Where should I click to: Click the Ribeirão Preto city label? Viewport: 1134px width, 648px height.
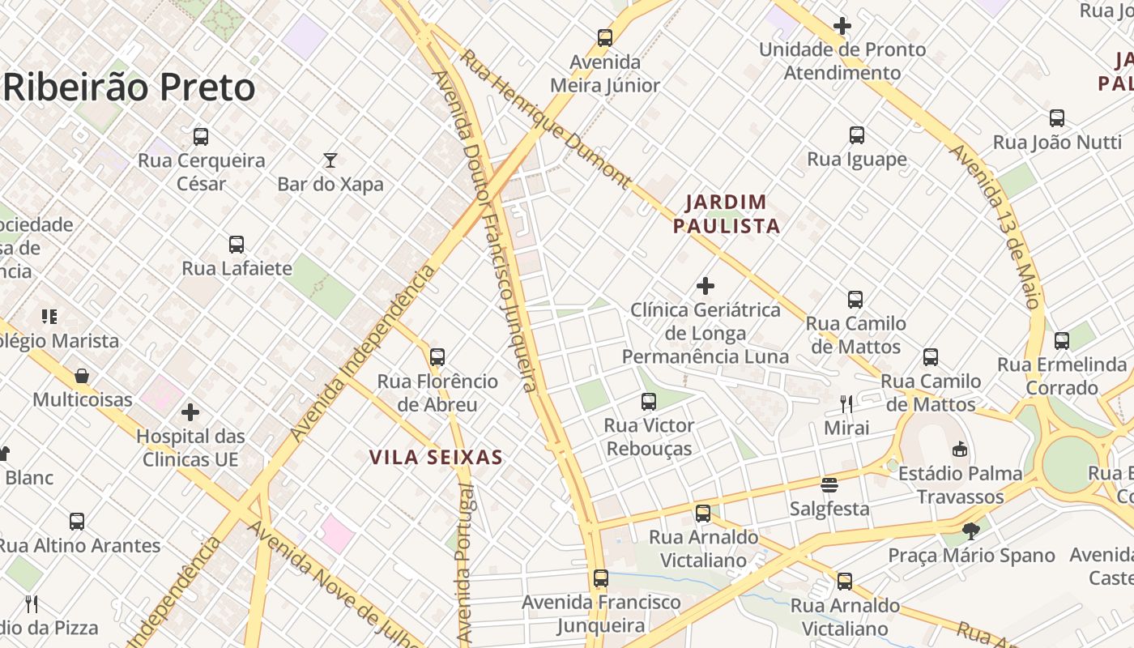point(130,87)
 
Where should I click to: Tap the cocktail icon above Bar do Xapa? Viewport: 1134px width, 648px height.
point(330,160)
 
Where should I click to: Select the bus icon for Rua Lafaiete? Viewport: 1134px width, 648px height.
point(237,244)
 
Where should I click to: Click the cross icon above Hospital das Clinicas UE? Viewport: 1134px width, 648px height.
point(190,412)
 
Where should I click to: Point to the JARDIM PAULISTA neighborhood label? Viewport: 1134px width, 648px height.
point(727,214)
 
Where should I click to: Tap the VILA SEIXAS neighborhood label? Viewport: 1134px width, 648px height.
point(436,458)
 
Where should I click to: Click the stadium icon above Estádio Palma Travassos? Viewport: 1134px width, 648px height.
point(960,449)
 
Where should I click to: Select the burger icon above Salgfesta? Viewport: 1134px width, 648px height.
point(829,485)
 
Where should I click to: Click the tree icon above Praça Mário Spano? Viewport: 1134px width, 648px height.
point(971,531)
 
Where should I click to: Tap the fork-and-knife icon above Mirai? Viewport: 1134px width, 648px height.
point(846,403)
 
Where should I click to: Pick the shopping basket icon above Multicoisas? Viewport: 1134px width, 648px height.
point(82,376)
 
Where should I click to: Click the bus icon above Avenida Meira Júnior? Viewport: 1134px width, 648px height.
point(605,37)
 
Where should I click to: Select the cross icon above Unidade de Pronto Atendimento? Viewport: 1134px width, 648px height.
point(842,26)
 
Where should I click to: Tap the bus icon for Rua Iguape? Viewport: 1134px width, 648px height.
point(857,135)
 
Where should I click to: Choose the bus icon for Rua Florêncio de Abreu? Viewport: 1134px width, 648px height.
point(437,356)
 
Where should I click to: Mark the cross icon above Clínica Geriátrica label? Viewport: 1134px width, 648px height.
point(706,286)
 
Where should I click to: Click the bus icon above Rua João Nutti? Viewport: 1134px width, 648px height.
point(1057,118)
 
